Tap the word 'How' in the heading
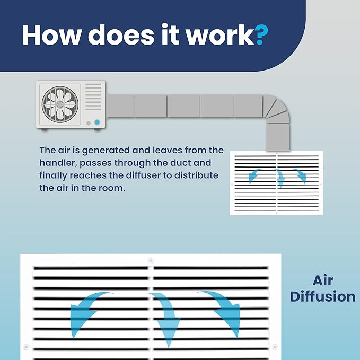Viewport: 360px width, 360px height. pyautogui.click(x=52, y=35)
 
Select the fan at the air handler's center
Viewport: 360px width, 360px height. pyautogui.click(x=60, y=104)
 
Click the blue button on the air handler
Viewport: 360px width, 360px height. pyautogui.click(x=97, y=122)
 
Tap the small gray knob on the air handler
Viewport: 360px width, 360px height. pyautogui.click(x=89, y=124)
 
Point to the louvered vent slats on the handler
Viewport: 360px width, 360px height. pyautogui.click(x=93, y=96)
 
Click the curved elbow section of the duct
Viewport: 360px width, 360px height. pyautogui.click(x=277, y=108)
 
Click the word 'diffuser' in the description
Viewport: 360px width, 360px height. pyautogui.click(x=143, y=175)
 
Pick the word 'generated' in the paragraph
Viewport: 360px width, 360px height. pyautogui.click(x=106, y=151)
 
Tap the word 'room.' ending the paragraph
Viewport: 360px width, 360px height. pyautogui.click(x=112, y=188)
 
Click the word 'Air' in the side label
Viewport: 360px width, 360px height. pyautogui.click(x=322, y=280)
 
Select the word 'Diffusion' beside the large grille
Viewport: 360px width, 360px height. pyautogui.click(x=323, y=296)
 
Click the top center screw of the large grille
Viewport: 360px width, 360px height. pyautogui.click(x=151, y=260)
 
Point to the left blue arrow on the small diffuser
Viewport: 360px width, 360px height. pyautogui.click(x=254, y=175)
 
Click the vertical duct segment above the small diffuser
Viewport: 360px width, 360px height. pyautogui.click(x=278, y=137)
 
